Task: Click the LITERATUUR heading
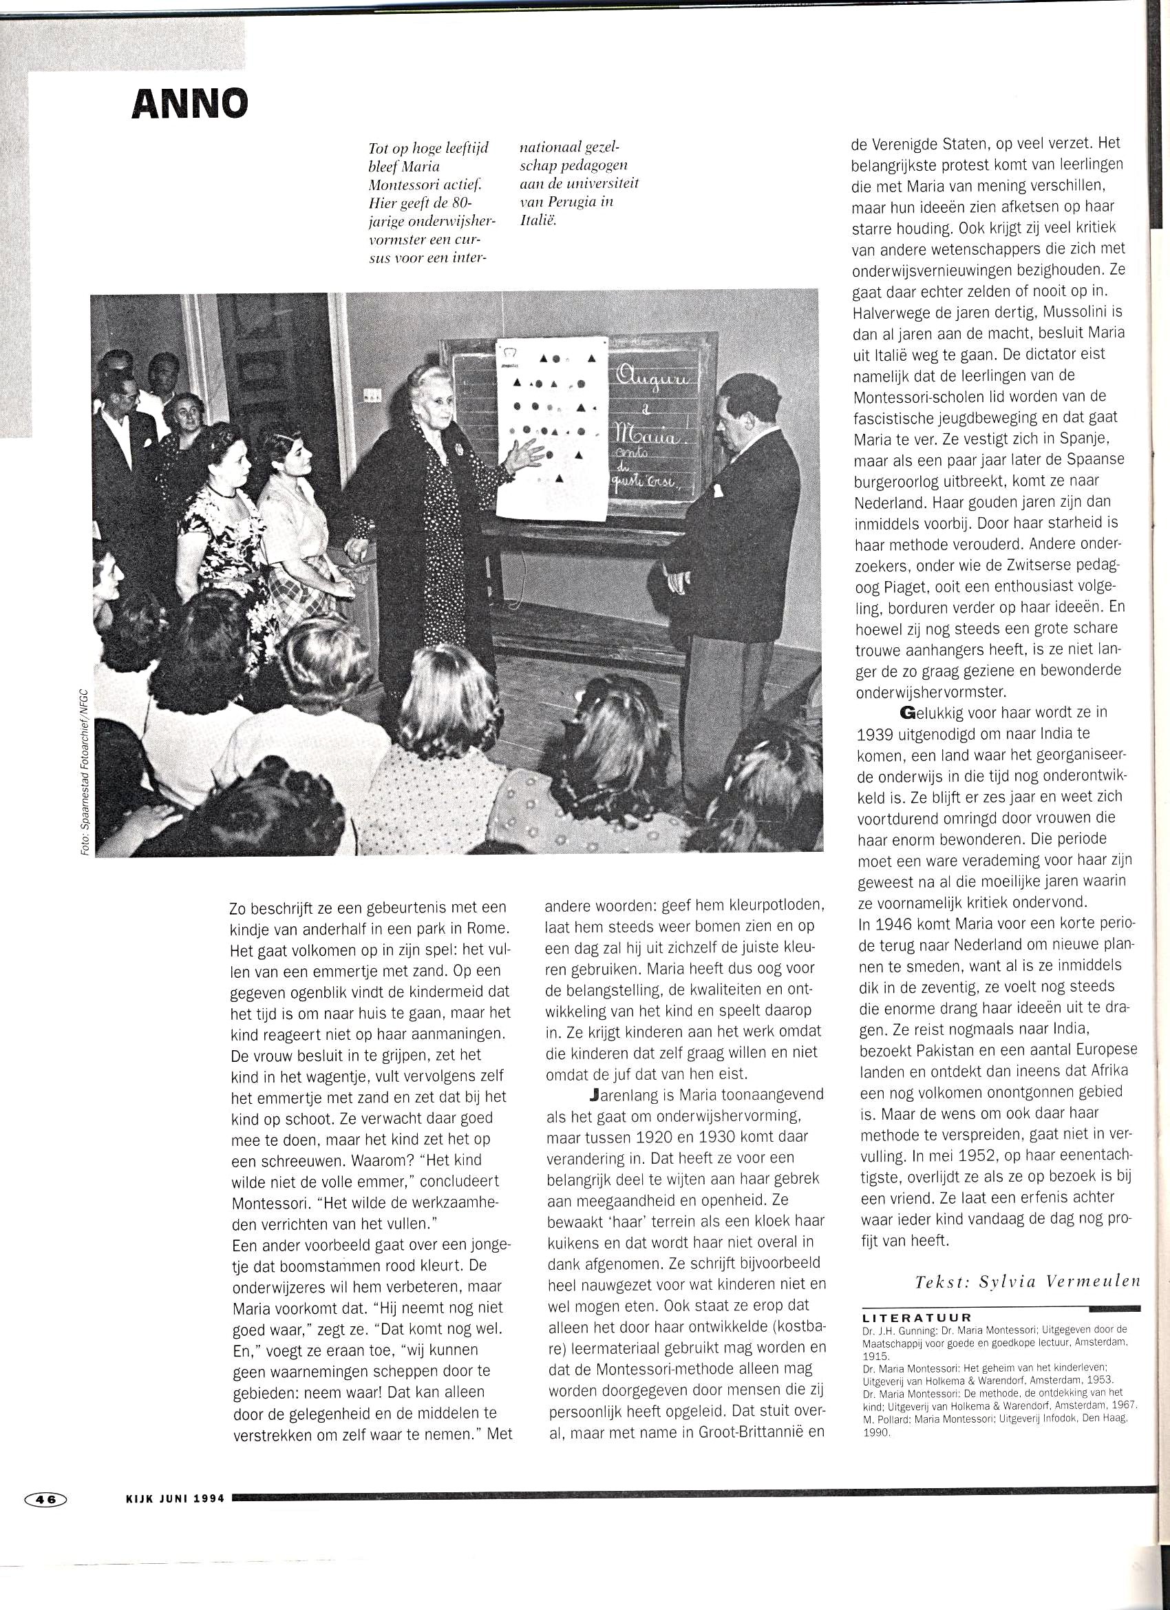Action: pyautogui.click(x=916, y=1317)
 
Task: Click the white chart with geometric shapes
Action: pyautogui.click(x=552, y=426)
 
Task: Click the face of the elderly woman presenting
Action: pyautogui.click(x=432, y=395)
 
